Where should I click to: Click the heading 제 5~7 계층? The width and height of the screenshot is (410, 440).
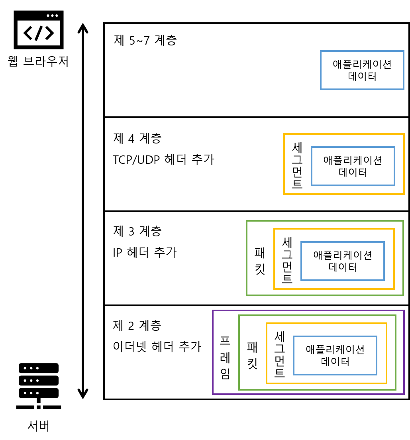(x=145, y=41)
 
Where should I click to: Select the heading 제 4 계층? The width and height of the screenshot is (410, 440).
(x=137, y=138)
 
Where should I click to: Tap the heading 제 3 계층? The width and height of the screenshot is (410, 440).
(x=137, y=231)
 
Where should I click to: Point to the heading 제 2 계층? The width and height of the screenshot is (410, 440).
(x=137, y=326)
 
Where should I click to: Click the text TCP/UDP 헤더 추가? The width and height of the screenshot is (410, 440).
(x=164, y=160)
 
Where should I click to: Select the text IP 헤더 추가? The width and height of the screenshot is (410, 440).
(x=145, y=252)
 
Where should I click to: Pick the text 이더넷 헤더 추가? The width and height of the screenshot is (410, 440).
(x=157, y=346)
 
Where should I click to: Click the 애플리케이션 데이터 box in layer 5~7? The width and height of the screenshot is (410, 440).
(x=362, y=70)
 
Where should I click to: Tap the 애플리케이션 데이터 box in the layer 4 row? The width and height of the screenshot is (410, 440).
(x=353, y=166)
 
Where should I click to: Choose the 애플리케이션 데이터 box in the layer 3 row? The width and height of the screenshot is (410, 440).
(x=342, y=261)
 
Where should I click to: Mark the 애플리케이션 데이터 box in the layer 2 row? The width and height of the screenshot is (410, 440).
(x=335, y=356)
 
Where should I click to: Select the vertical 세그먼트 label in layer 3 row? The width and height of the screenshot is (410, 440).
(x=287, y=260)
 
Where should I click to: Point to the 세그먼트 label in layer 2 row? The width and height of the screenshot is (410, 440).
(x=280, y=355)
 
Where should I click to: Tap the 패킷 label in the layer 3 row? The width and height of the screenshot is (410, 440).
(x=260, y=260)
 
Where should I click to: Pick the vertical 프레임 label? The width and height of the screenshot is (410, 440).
(x=226, y=357)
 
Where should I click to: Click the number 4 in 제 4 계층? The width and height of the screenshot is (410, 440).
(x=132, y=139)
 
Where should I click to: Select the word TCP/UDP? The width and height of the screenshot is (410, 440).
(x=136, y=160)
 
